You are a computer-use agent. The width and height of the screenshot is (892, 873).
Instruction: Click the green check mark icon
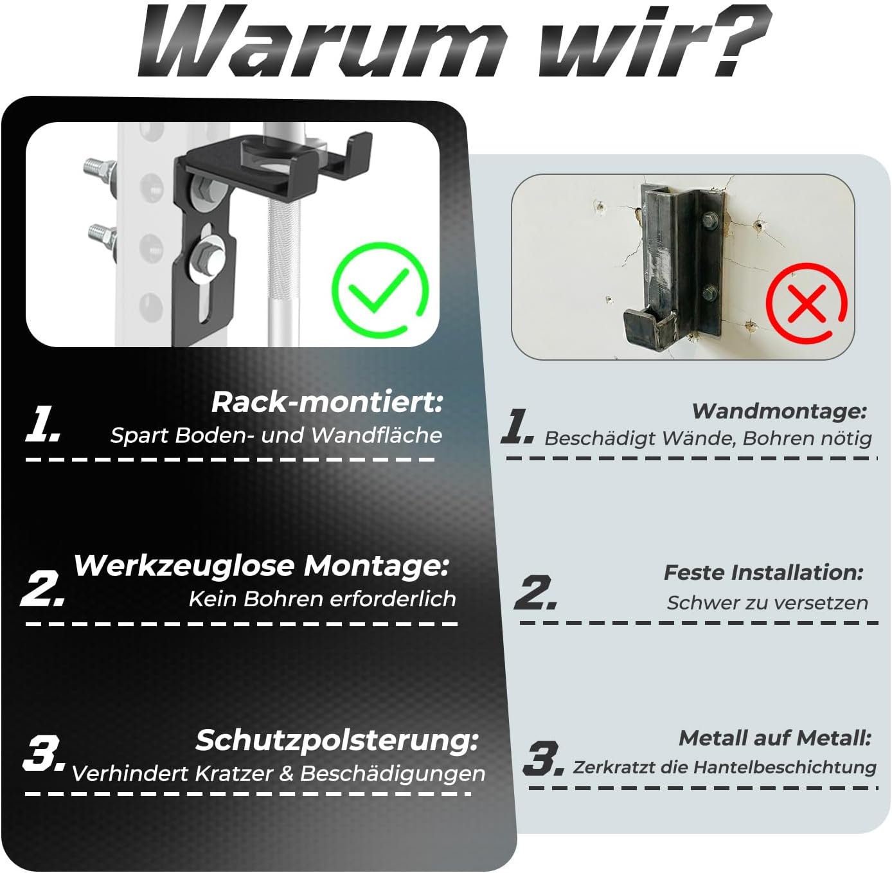click(380, 290)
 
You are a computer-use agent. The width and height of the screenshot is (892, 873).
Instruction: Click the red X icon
click(807, 303)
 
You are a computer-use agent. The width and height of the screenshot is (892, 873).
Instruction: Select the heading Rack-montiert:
click(327, 402)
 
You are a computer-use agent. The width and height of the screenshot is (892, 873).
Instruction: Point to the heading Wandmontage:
click(780, 411)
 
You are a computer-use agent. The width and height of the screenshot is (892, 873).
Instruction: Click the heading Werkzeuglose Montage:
click(262, 566)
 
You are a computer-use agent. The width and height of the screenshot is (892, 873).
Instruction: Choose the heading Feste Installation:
click(763, 573)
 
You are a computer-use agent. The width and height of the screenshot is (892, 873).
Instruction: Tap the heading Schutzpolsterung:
click(337, 740)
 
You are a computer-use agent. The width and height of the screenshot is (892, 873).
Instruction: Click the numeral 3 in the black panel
click(44, 753)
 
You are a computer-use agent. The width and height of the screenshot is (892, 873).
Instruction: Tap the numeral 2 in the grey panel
click(535, 593)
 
